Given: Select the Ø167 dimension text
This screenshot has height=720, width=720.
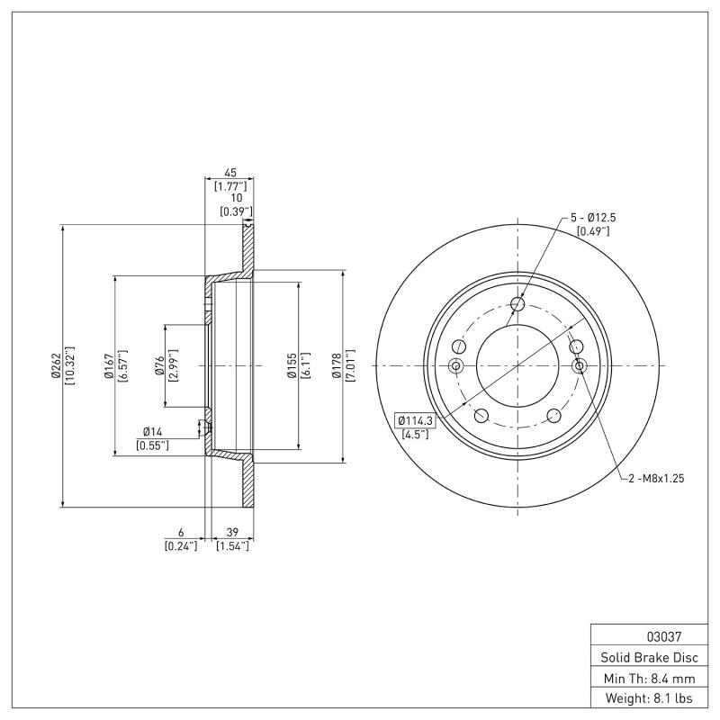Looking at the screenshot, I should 107,366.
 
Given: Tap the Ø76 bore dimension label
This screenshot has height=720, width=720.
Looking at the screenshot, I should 158,365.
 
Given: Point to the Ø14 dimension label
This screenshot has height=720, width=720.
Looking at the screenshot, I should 153,432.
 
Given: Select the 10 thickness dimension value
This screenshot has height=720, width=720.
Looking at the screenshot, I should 236,198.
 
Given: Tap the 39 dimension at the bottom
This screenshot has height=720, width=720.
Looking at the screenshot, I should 232,533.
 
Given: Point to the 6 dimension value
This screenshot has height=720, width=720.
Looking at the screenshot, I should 181,533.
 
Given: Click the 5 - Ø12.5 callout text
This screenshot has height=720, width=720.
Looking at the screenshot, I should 592,218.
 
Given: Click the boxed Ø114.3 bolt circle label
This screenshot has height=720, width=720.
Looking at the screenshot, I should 415,420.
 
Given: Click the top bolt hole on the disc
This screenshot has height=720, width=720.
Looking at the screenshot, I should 517,304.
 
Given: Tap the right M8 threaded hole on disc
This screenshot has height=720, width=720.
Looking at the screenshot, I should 579,365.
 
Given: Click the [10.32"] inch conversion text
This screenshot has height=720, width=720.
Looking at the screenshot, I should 70,366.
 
